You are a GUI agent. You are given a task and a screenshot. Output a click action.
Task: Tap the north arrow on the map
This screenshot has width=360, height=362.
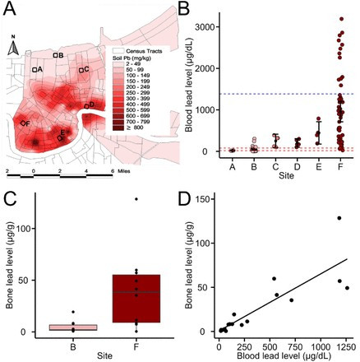point(13,49)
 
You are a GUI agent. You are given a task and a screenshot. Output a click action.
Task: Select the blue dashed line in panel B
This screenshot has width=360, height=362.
point(288,94)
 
